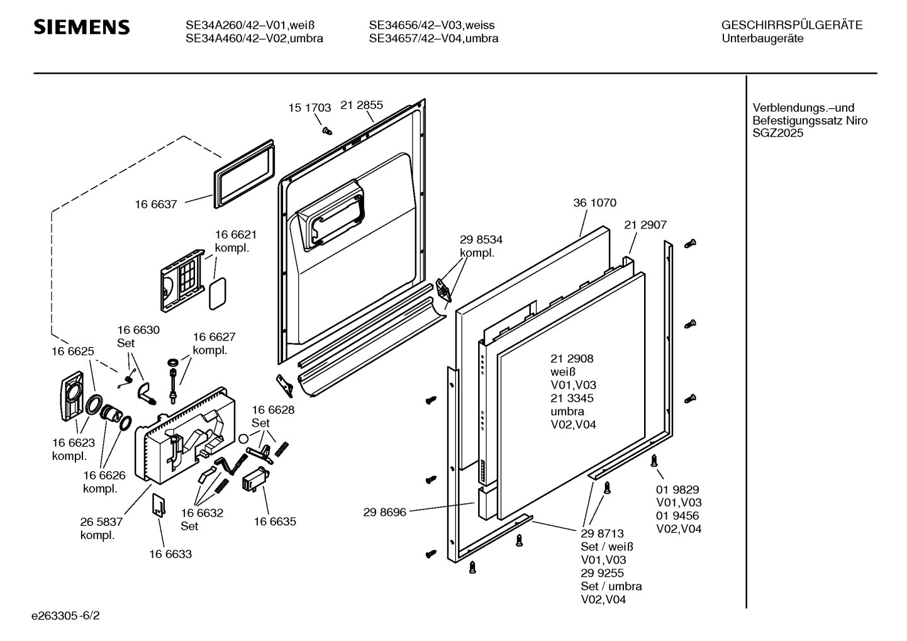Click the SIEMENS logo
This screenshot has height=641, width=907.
pos(82,27)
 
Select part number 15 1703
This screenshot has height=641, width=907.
pos(309,108)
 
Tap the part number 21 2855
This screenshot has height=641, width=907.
pos(362,105)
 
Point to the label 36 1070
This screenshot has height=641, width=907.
pos(595,203)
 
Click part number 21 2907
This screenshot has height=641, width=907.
pos(645,225)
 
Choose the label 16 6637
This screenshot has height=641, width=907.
pos(156,204)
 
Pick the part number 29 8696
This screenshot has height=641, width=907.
pos(384,512)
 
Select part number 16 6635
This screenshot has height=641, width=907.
pos(275,521)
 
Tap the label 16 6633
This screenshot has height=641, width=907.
pos(170,554)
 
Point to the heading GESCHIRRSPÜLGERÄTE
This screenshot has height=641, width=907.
pos(791,25)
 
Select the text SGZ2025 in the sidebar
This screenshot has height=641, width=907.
pos(778,133)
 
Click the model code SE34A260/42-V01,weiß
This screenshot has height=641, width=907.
pos(250,25)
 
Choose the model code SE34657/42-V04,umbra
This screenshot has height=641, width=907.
pos(433,38)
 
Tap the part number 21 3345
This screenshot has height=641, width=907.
pos(572,398)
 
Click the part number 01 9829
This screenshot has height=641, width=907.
pos(677,489)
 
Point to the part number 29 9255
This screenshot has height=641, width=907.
pos(602,572)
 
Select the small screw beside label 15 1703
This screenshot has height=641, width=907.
pos(327,130)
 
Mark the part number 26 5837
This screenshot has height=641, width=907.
pos(101,521)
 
